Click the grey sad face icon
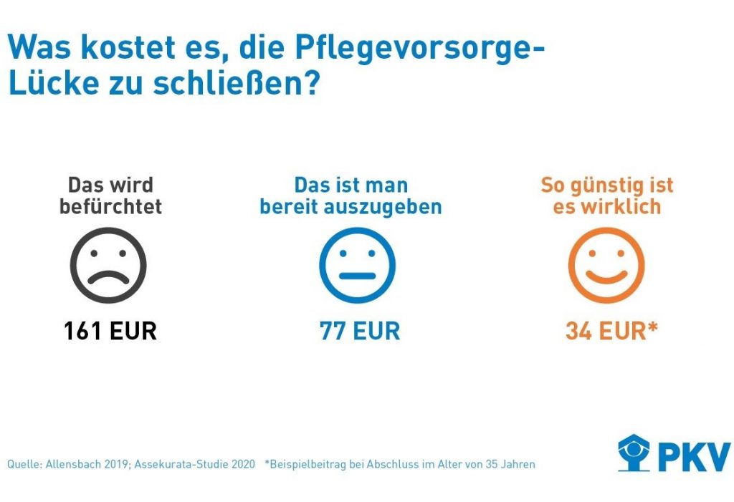pos(108,265)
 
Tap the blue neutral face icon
pos(357,265)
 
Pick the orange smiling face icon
pos(606,265)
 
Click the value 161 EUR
pos(110,332)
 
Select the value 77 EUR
pos(359,332)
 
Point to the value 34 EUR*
pos(611,332)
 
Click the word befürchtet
pos(110,207)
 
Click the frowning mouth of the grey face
pos(108,277)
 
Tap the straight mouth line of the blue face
pos(357,276)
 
